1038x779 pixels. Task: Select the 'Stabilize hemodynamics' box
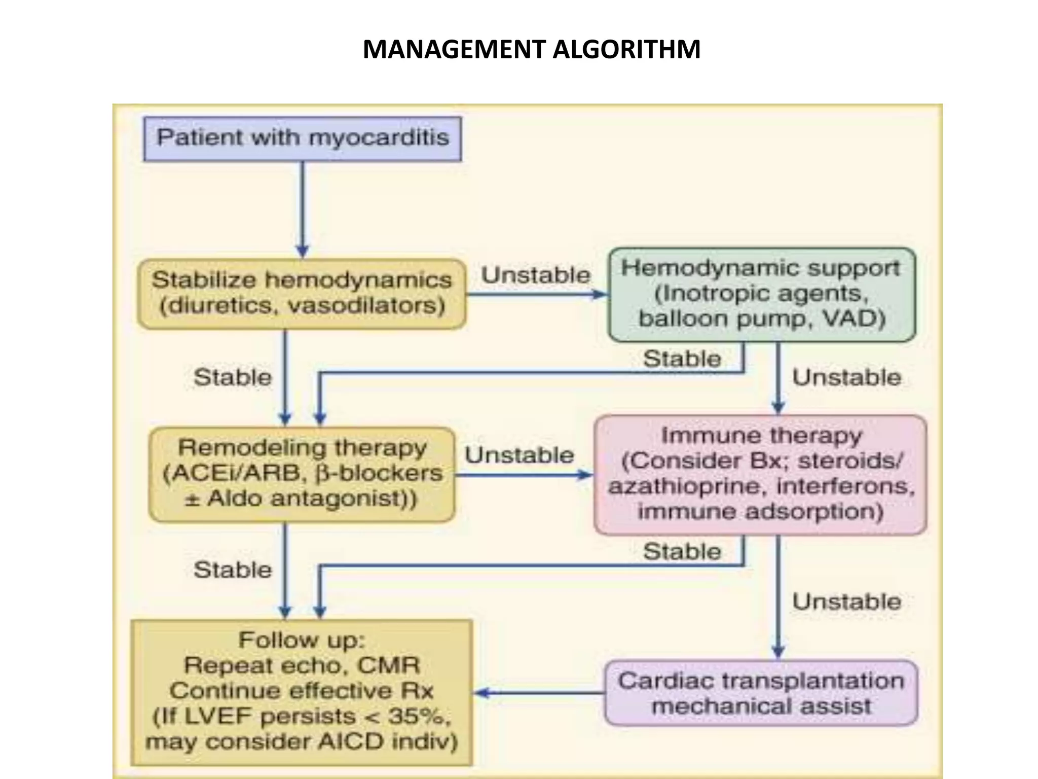tap(302, 294)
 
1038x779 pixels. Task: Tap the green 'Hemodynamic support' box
tap(761, 294)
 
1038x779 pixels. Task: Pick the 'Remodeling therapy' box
tap(302, 474)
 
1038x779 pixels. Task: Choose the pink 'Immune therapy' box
tap(760, 474)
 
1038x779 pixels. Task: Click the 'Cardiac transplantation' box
tap(761, 693)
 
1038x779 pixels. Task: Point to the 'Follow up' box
tap(302, 692)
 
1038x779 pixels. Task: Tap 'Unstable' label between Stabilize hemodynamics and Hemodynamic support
tap(536, 275)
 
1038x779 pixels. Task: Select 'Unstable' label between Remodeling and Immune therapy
tap(520, 455)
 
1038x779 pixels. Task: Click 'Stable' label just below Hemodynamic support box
tap(682, 359)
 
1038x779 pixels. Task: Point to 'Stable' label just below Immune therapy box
tap(682, 552)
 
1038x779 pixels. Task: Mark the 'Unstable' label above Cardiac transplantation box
tap(846, 602)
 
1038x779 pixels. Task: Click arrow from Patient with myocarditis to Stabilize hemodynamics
tap(303, 208)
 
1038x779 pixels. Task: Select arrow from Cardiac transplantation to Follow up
tap(540, 693)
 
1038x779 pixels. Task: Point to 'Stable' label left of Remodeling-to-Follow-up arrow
tap(233, 570)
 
